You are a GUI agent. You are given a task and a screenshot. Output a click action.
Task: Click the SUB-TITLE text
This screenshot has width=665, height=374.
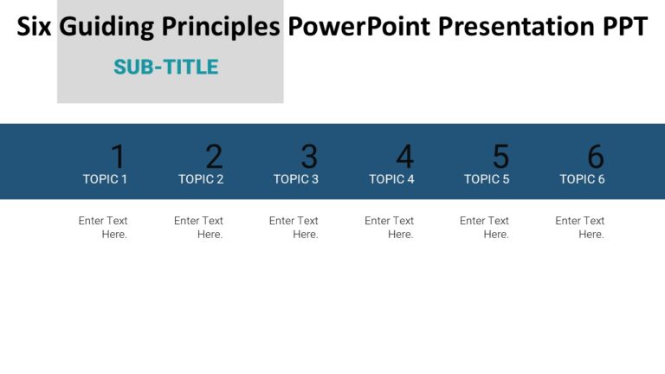coord(165,67)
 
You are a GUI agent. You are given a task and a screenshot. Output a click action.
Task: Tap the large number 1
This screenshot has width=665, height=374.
coord(118,157)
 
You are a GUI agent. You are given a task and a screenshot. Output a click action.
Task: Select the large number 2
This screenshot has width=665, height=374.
coord(214,157)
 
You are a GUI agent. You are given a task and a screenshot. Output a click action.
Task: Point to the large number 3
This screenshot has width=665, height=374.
coord(309,157)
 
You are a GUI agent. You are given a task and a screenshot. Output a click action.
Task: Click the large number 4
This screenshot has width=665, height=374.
coord(404,157)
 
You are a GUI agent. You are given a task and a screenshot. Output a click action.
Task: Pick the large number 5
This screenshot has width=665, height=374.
coord(500,157)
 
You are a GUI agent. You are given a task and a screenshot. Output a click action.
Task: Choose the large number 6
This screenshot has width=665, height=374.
coord(596,157)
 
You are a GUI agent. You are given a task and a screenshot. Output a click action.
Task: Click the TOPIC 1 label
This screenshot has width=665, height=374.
coord(105,179)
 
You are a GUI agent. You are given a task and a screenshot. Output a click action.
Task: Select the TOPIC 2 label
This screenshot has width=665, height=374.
coord(201,179)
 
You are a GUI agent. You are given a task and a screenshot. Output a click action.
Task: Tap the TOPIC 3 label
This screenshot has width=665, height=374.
coord(296,179)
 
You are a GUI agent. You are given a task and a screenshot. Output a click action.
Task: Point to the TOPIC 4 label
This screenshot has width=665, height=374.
coord(391,179)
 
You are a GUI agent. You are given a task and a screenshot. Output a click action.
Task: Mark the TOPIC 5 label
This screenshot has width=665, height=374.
coord(487,179)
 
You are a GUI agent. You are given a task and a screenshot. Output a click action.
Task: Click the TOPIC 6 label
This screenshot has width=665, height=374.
coord(582,179)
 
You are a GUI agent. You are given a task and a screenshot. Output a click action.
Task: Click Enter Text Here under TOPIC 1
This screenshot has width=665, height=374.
coord(103,228)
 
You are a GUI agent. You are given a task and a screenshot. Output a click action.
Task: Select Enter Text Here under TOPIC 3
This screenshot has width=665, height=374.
coord(294,228)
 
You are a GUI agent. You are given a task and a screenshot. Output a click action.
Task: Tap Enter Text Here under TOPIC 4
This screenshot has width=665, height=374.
coord(390,228)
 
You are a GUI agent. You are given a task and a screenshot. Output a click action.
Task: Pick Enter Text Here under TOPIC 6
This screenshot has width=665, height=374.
coord(580,228)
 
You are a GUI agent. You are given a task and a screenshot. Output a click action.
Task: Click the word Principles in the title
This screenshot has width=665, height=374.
coord(224,27)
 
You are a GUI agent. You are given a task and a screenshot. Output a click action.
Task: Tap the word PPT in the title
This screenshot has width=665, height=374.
coord(624,27)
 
